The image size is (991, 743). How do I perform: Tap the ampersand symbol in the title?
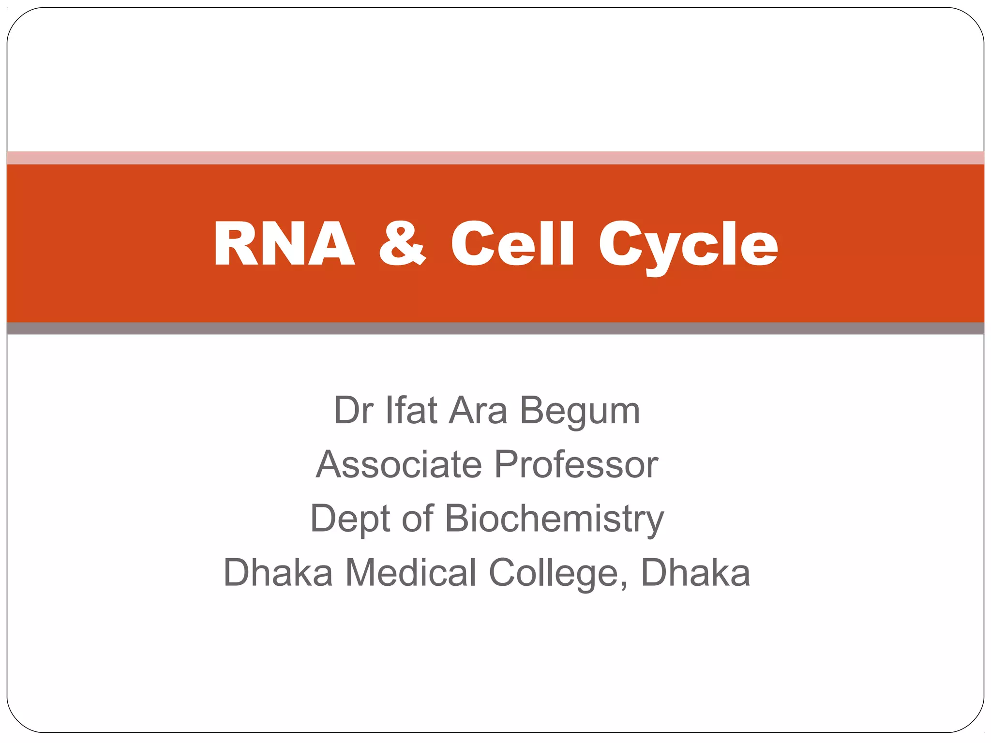tap(402, 243)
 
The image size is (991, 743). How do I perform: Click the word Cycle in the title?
tap(688, 247)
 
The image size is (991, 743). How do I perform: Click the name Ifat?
tap(411, 410)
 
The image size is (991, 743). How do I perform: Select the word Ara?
tap(478, 410)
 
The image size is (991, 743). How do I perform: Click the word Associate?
tap(399, 464)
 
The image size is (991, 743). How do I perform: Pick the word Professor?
tap(576, 464)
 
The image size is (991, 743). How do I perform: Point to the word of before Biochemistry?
tap(417, 519)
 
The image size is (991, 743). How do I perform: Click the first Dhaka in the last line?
tap(278, 573)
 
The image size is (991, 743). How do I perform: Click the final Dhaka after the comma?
tap(695, 573)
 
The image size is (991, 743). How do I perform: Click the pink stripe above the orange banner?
tap(495, 158)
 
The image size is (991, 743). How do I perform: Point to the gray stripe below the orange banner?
tap(495, 328)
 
